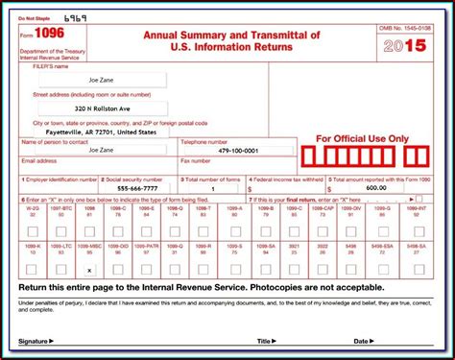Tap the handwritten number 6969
[75, 18]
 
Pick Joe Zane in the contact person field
[101, 150]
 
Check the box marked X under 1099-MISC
[89, 270]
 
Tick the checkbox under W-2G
[33, 231]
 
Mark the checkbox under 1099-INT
[419, 231]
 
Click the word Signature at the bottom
[34, 341]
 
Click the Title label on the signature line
[262, 341]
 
